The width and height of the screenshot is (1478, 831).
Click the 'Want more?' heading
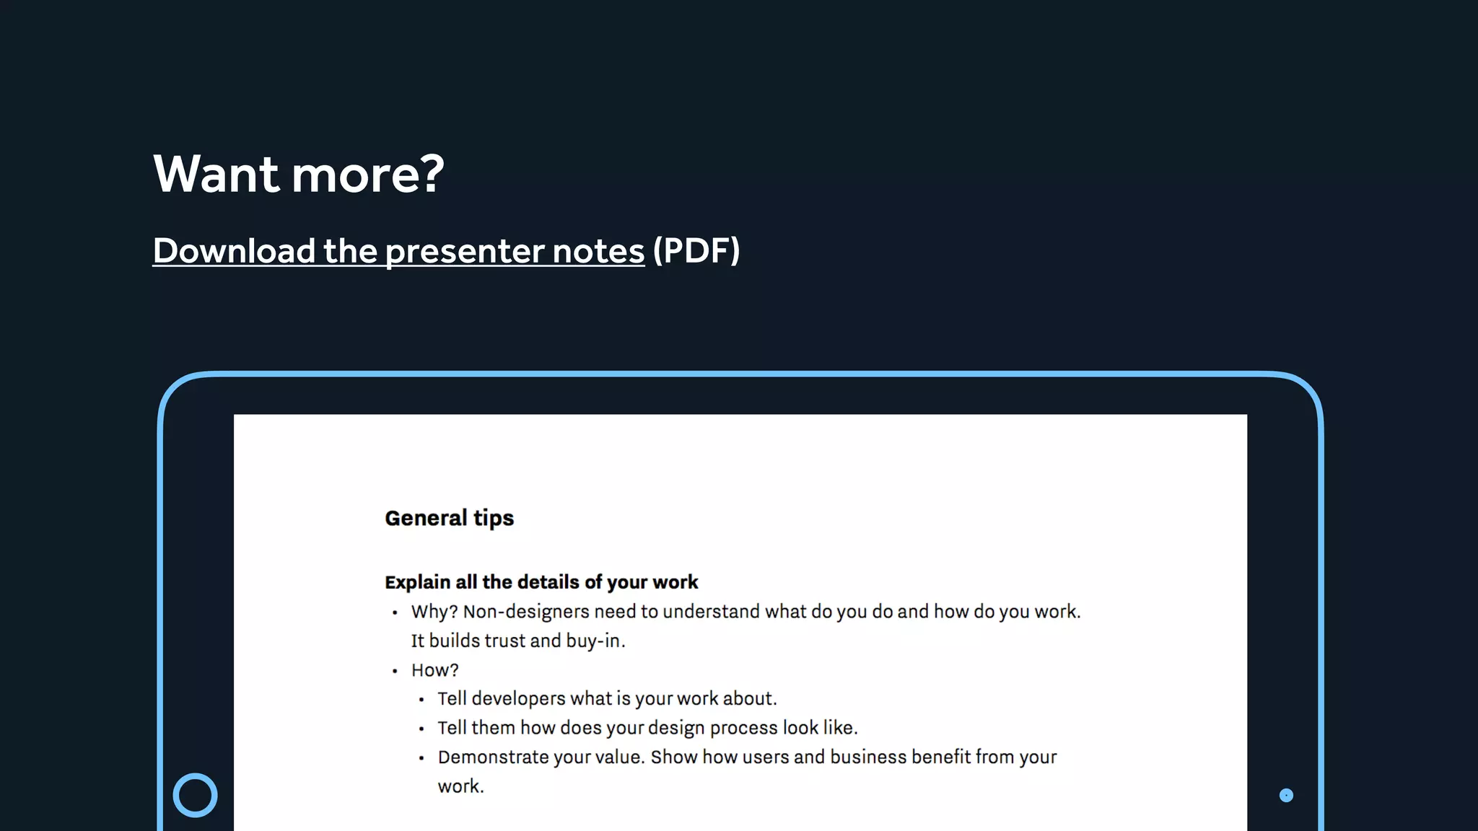pos(299,174)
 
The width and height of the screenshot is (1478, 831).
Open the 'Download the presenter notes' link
pos(398,251)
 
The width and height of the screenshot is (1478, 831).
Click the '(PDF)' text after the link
pos(696,251)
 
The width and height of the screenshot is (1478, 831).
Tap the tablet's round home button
pos(195,795)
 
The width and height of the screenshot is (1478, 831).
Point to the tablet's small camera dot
pos(1286,795)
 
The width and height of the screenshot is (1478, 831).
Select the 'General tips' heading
pos(449,518)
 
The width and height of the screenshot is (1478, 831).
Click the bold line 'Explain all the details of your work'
pos(541,582)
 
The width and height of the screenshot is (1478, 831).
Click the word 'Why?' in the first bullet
pos(434,612)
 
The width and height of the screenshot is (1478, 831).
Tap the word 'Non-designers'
pos(526,612)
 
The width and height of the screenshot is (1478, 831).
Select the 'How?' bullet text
pos(435,670)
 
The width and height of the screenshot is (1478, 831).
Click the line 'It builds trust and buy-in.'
pos(518,641)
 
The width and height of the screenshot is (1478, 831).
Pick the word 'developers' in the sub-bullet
pos(518,698)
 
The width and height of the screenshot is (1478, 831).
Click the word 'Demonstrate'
pos(489,757)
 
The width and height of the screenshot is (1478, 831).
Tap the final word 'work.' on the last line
pos(460,786)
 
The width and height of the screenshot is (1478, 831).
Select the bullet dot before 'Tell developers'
pos(421,699)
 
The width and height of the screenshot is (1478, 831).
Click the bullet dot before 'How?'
pos(395,671)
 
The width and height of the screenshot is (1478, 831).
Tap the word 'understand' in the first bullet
pos(711,612)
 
